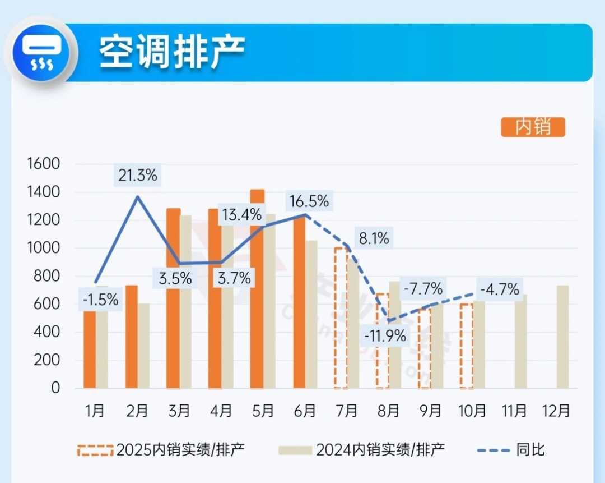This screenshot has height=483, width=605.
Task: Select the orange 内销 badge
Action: point(533,127)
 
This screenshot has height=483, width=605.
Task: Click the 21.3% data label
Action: point(138,176)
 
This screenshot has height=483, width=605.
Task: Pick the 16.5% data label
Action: point(308,201)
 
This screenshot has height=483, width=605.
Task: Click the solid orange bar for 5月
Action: point(257,289)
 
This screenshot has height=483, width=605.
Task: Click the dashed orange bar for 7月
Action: point(341,318)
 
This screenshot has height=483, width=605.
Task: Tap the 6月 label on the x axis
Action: point(305,411)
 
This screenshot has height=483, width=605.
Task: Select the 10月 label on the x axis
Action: point(472,411)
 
